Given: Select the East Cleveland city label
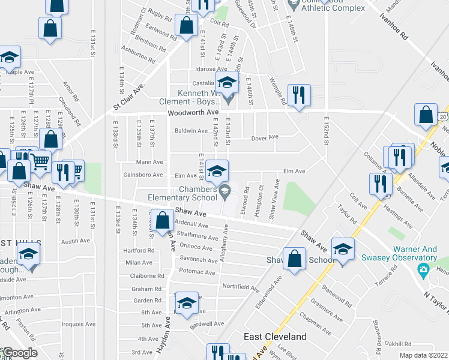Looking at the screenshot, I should (x=274, y=337).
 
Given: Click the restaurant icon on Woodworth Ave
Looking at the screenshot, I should (x=298, y=95).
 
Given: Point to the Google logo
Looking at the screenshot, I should (x=19, y=353).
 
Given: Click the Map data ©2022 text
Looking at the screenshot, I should (x=424, y=355).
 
